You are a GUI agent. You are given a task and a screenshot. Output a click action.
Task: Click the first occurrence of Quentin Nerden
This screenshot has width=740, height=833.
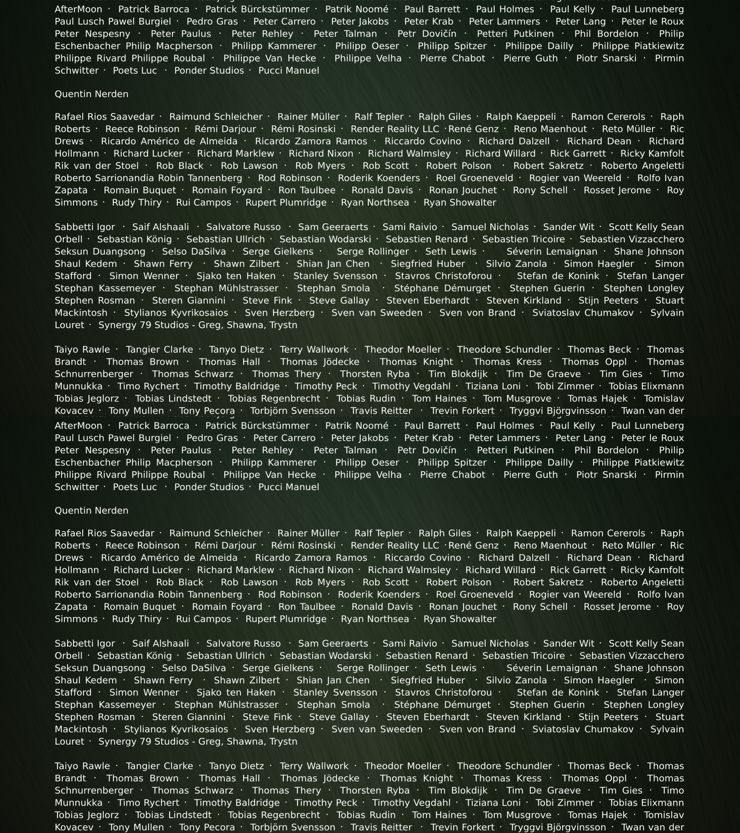point(91,94)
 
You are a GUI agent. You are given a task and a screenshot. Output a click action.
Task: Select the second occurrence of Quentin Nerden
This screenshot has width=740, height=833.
point(91,511)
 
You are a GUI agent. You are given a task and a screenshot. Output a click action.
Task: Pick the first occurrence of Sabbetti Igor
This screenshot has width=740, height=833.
point(85,227)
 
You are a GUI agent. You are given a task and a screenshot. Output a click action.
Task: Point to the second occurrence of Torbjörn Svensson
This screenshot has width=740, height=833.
point(292,827)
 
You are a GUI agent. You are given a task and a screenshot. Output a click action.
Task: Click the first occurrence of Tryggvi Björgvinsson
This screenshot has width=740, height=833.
point(558,411)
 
